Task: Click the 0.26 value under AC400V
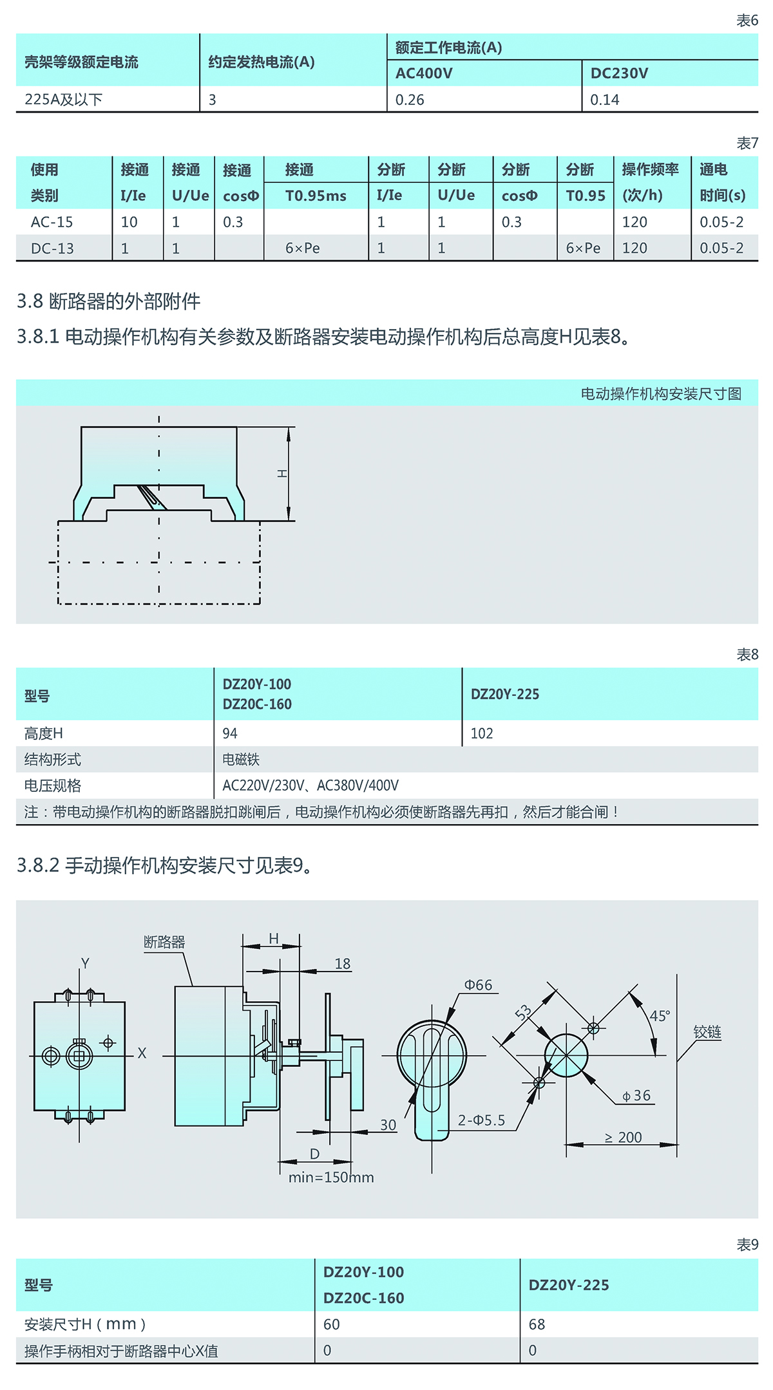coord(410,100)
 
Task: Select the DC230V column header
coord(619,73)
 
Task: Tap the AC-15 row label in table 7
coord(52,222)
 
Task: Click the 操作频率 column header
coord(650,170)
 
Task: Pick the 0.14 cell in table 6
coord(604,100)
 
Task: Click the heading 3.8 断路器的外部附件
coord(108,301)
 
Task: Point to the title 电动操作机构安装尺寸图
coord(661,393)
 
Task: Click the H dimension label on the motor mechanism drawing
coord(282,473)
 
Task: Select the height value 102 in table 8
coord(481,733)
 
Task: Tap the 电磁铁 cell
coord(241,760)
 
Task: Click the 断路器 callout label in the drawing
coord(164,942)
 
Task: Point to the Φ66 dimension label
coord(478,985)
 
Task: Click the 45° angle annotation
coord(660,1016)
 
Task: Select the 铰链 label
coord(707,1032)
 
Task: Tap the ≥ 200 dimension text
coord(623,1138)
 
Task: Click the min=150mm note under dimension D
coord(331,1178)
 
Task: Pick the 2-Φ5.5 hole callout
coord(481,1120)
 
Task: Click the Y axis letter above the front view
coord(85,963)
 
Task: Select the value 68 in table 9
coord(537,1324)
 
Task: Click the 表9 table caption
coord(747,1244)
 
